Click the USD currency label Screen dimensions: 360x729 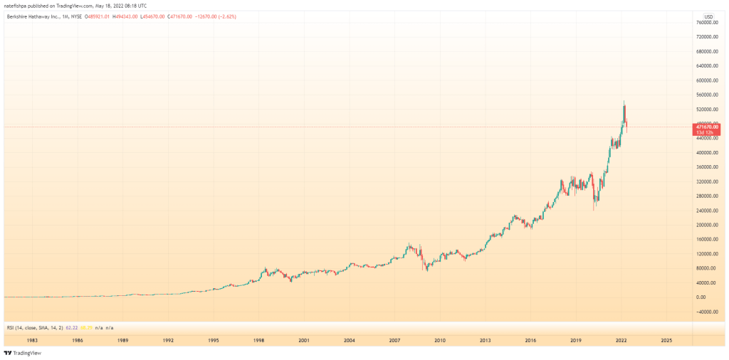pyautogui.click(x=708, y=16)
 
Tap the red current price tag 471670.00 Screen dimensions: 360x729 pyautogui.click(x=708, y=127)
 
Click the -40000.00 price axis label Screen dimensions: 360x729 pyautogui.click(x=710, y=312)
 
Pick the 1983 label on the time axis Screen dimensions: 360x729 pyautogui.click(x=32, y=341)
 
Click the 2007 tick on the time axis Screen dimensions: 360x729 pyautogui.click(x=395, y=341)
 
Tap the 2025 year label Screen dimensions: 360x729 pyautogui.click(x=666, y=341)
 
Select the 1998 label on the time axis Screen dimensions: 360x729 pyautogui.click(x=259, y=341)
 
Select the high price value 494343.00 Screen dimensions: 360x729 pyautogui.click(x=131, y=16)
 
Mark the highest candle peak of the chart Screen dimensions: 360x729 pyautogui.click(x=624, y=102)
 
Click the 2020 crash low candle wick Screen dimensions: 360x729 pyautogui.click(x=594, y=209)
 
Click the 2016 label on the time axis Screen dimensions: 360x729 pyautogui.click(x=530, y=341)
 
